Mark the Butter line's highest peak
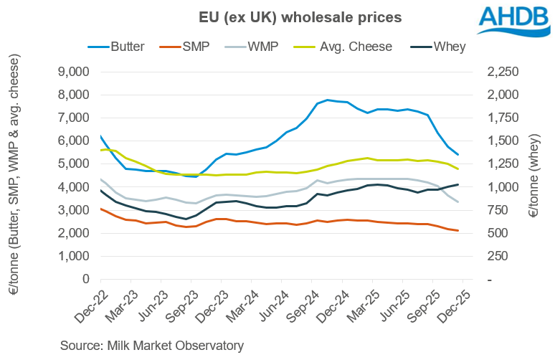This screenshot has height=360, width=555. (328, 100)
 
